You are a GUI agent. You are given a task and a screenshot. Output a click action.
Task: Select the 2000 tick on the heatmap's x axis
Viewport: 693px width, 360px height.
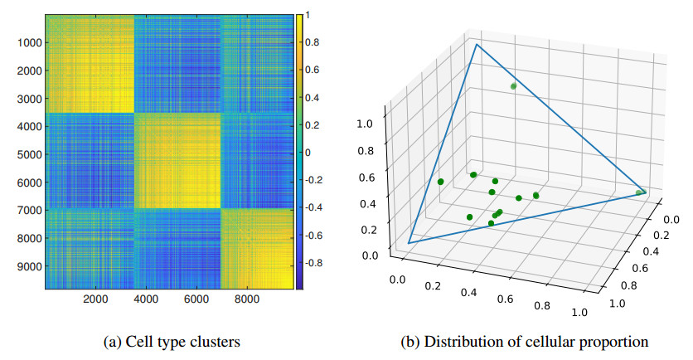95,299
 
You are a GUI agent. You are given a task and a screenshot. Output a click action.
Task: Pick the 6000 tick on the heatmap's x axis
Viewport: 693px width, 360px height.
195,299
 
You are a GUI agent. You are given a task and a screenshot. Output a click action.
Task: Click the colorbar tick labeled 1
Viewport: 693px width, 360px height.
308,14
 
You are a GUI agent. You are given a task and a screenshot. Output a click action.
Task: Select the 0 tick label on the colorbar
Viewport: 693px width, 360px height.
308,153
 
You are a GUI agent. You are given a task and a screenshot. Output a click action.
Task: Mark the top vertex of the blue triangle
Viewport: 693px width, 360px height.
477,45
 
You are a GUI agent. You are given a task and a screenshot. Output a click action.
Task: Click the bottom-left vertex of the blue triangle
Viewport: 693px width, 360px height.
409,242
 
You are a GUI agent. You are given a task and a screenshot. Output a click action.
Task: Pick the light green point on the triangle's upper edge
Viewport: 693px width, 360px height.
514,85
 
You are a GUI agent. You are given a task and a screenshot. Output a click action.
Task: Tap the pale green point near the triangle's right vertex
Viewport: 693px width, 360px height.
638,193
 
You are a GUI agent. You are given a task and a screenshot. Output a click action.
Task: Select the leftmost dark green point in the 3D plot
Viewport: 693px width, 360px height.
441,182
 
